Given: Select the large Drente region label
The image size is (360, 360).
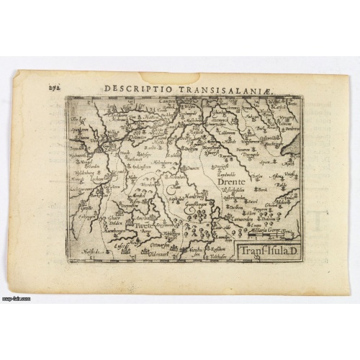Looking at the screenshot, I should coord(231,184).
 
